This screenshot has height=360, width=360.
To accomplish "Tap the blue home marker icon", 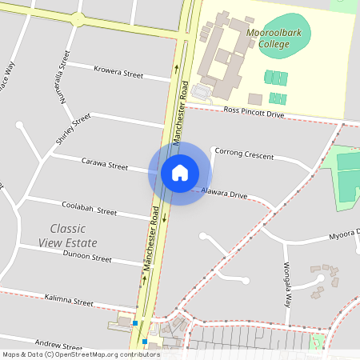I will (179, 172).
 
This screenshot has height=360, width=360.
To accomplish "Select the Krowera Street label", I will (118, 73).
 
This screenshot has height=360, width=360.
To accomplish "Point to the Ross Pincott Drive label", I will (254, 114).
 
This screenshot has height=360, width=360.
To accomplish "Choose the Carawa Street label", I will (105, 164).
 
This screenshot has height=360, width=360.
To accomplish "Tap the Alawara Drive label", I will (224, 194).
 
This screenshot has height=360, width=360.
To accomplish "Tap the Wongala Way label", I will (286, 285).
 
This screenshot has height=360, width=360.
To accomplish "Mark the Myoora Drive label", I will (345, 238).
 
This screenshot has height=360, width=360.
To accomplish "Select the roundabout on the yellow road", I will (77, 18).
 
